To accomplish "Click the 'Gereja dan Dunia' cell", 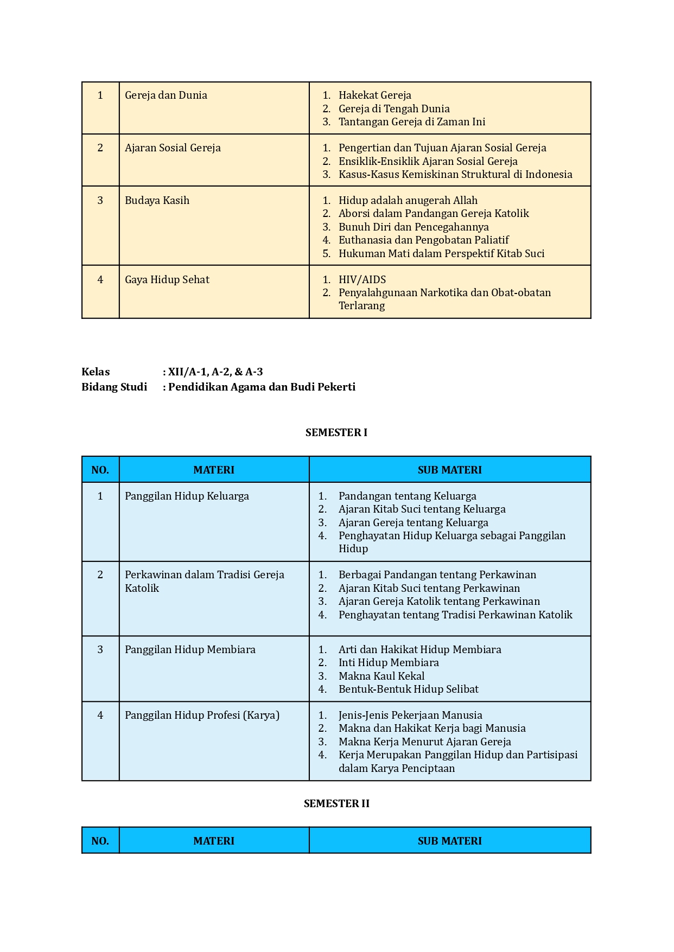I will point(166,95).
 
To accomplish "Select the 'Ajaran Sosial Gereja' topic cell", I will point(173,148).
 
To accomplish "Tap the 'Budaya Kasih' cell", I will point(157,201).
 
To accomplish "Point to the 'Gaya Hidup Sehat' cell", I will point(167,280).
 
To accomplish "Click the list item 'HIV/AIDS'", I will point(362,280).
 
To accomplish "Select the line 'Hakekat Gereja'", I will point(374,95).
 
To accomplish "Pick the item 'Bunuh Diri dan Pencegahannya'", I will point(414,227).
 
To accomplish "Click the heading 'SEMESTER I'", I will point(336,433).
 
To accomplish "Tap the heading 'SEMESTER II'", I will point(336,804).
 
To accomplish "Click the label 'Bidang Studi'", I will point(115,387).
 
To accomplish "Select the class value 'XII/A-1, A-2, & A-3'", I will point(215,372).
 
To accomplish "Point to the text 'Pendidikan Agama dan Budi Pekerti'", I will point(262,387).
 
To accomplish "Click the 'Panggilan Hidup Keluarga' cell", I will point(187,496).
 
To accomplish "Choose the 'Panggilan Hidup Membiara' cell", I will point(190,650).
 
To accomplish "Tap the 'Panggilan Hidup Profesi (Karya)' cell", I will point(202,715).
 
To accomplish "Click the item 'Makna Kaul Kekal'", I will point(381,676).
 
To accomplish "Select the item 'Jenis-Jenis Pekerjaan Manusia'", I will point(410,715).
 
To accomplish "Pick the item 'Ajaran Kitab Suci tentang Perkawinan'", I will point(429,589).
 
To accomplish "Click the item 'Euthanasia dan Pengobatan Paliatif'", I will point(424,240).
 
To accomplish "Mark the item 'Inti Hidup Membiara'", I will point(389,663).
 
